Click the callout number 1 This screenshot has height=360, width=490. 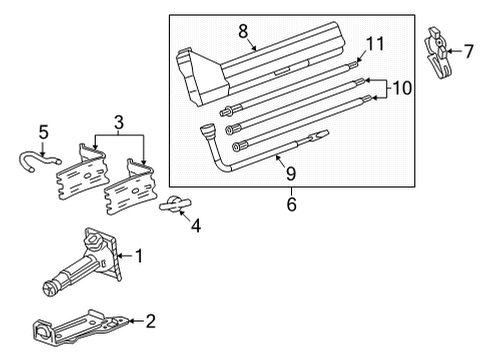point(138,257)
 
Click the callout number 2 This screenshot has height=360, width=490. point(150,322)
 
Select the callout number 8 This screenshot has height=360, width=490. point(243,32)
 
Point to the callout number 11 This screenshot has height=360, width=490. point(375,43)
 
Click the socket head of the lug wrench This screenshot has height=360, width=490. point(208,130)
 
